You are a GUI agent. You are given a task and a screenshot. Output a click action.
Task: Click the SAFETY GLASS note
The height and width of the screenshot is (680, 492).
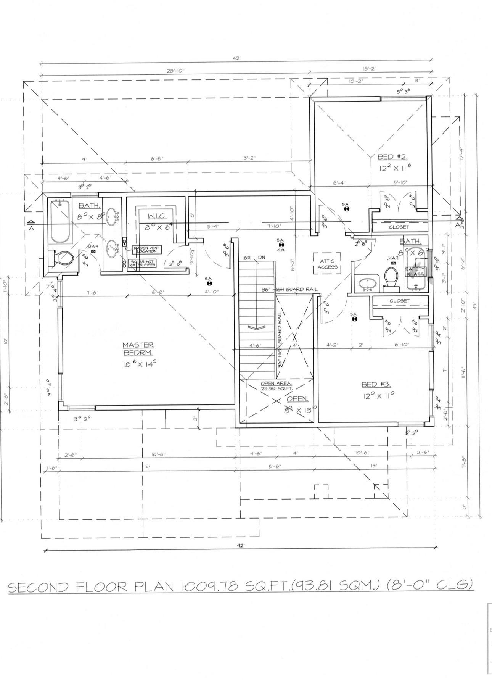[414, 272]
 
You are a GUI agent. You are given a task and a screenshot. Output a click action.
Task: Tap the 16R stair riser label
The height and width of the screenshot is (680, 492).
[246, 258]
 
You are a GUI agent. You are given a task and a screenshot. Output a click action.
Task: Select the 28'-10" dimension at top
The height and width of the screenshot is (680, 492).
[175, 71]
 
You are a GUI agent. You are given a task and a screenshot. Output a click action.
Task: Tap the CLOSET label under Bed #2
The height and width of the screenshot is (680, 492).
[399, 227]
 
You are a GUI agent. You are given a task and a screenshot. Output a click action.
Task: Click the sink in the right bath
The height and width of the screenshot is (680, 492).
[367, 283]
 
